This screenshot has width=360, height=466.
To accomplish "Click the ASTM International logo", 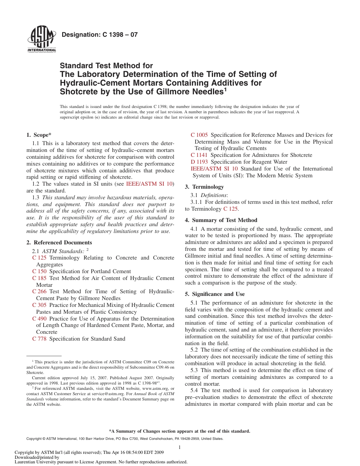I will (x=42, y=39).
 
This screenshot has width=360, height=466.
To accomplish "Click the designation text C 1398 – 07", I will (x=99, y=35).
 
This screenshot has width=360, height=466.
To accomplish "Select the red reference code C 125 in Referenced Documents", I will (x=39, y=258).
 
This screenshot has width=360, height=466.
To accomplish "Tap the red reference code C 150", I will (x=39, y=271).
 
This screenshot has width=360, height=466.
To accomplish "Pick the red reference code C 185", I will (x=39, y=278).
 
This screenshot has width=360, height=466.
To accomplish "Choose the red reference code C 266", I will (x=39, y=291).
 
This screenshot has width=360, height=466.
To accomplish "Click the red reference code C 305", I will (x=39, y=305).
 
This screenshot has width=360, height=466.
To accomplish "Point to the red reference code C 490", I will (x=39, y=319).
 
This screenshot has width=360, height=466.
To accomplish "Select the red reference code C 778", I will (x=39, y=339).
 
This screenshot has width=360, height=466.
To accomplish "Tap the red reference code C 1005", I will (x=199, y=135).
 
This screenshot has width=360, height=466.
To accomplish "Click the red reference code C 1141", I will (x=199, y=155).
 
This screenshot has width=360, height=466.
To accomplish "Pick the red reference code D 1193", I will (x=199, y=162).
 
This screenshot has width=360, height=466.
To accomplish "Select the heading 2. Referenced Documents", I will (x=59, y=242).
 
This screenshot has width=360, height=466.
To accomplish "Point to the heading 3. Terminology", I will (x=204, y=187).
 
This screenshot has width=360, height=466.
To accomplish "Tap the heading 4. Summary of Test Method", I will (x=221, y=220).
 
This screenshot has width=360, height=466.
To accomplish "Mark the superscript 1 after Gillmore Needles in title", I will (x=225, y=89).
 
